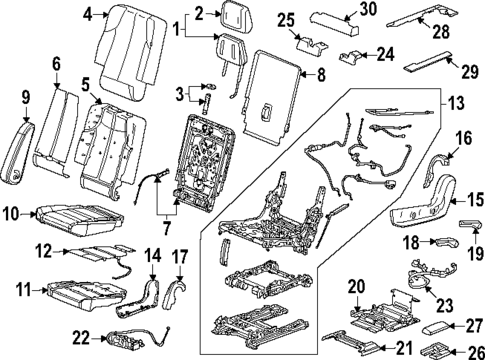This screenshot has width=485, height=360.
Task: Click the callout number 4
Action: (x=88, y=14)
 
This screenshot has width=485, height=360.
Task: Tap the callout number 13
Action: (x=455, y=103)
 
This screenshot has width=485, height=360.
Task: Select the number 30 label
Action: (x=368, y=9)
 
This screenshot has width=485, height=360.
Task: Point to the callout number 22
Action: (x=82, y=339)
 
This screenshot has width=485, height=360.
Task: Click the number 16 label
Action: (x=464, y=138)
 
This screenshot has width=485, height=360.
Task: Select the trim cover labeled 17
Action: (x=173, y=293)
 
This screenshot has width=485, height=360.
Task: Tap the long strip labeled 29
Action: (x=428, y=61)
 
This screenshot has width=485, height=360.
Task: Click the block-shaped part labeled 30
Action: (x=335, y=24)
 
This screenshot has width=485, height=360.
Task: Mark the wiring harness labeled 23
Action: (x=430, y=275)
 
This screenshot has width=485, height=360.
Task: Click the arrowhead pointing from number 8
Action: (x=302, y=73)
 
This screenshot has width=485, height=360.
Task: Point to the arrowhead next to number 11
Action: (x=46, y=291)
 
